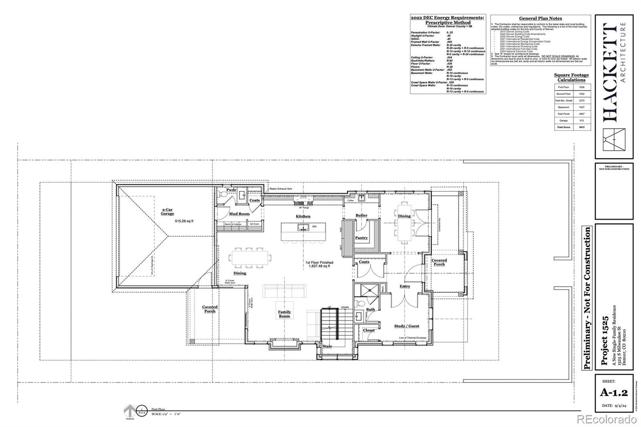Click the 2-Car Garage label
tap(167, 211)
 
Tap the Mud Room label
tap(239, 214)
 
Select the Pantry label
tap(361, 238)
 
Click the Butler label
tap(361, 216)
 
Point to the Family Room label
tap(284, 314)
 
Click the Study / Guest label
tap(407, 326)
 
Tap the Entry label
tap(405, 286)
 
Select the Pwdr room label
tap(231, 190)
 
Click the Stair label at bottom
tap(327, 346)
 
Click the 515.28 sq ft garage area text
tap(184, 221)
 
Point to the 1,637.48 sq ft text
tap(319, 266)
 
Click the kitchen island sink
tap(303, 227)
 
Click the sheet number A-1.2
tap(613, 393)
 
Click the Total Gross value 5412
tap(581, 127)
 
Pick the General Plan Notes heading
tap(540, 18)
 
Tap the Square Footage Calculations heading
tap(571, 77)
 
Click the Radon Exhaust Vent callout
tap(280, 189)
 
